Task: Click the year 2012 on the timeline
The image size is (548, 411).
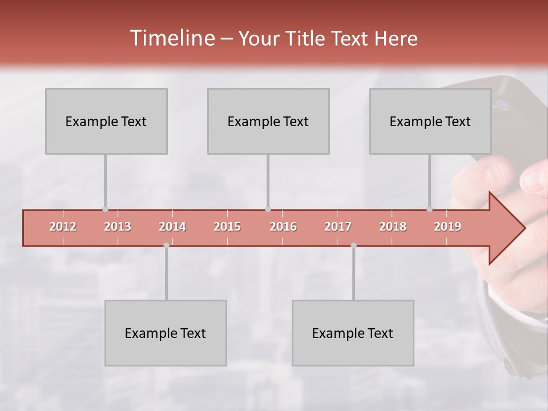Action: coord(63,227)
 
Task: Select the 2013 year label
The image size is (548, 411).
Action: coord(118,227)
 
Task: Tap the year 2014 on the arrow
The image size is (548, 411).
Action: coord(172,227)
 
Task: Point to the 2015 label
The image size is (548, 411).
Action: coord(227,227)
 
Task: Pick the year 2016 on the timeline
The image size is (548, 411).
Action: coord(283,227)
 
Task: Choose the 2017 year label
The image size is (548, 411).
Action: coord(338,227)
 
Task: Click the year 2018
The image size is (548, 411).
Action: coord(393,227)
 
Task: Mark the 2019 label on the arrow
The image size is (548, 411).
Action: coord(448,227)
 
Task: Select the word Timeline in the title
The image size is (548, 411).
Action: coord(172,38)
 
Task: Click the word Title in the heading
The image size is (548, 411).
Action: coord(308,39)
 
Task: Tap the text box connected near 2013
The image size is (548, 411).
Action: coord(106,121)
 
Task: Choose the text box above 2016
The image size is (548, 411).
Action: coord(268,121)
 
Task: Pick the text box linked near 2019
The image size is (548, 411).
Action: coord(430,121)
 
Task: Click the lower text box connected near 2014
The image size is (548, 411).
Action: coord(166,333)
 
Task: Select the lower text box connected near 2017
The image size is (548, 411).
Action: coord(353,333)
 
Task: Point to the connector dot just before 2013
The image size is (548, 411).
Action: coord(105,209)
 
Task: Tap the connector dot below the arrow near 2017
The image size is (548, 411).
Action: coord(353,245)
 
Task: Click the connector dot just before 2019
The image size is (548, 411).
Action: coord(429,209)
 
